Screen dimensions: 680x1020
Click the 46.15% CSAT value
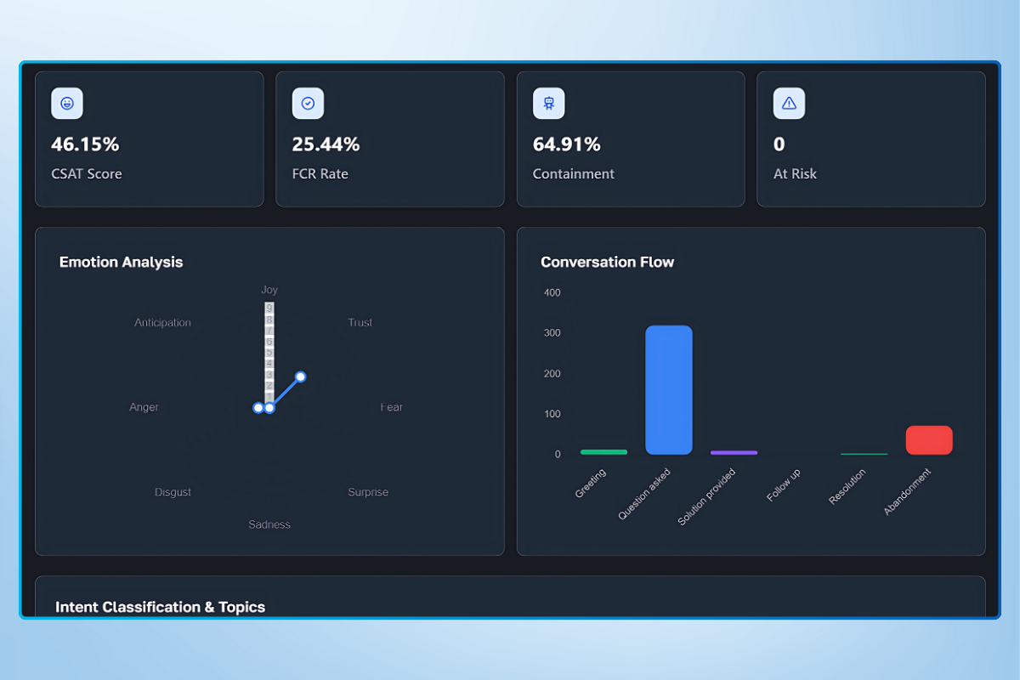(85, 144)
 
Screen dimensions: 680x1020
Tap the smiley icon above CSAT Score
(67, 103)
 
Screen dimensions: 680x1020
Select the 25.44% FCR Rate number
(326, 144)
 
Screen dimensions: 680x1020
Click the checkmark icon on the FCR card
(308, 103)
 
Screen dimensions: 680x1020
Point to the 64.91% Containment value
(567, 144)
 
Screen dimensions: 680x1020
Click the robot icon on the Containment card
(549, 103)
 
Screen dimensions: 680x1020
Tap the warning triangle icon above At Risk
(789, 103)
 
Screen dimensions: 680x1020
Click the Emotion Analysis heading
(121, 262)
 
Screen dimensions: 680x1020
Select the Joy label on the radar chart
(269, 290)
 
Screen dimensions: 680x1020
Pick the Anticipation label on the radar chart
(162, 323)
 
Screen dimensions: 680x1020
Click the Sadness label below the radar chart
(269, 524)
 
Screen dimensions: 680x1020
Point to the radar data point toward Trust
(300, 377)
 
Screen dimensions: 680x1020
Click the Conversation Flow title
(607, 262)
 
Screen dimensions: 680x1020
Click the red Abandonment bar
(929, 440)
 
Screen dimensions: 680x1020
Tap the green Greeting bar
(603, 452)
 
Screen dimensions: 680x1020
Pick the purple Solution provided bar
(734, 452)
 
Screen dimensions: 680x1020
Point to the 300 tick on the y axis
(552, 333)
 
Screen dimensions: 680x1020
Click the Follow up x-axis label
(784, 485)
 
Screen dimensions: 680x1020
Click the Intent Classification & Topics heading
(160, 607)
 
